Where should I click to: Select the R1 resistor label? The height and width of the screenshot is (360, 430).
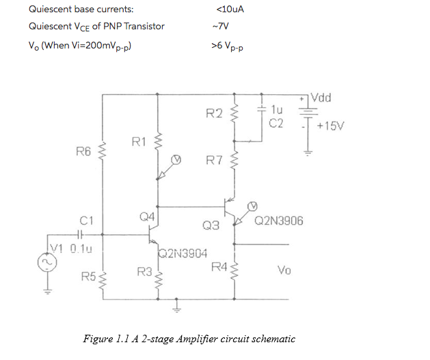point(139,142)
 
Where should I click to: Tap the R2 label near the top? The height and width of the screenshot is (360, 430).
point(214,113)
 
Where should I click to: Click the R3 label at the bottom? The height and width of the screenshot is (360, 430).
point(144,272)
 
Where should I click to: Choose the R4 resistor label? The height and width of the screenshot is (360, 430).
point(219,266)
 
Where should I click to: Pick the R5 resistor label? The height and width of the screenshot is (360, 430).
point(88,277)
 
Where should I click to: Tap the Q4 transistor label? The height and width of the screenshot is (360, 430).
point(146,217)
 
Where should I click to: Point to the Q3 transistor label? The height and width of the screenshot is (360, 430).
point(211,225)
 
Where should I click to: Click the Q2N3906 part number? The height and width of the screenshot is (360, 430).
point(279,221)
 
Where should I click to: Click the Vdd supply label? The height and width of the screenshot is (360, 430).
point(320,98)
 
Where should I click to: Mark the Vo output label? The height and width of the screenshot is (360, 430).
point(285,271)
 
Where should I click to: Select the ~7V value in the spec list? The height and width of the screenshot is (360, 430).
point(220,27)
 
